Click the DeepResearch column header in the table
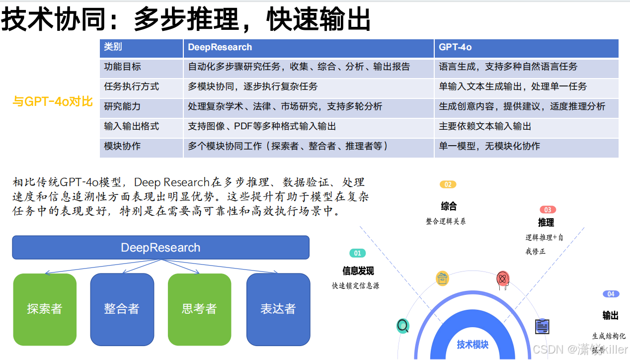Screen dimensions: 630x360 (x=220, y=47)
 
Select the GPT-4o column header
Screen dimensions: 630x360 (x=455, y=47)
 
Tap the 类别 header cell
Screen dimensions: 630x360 (x=113, y=47)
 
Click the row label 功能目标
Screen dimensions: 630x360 (x=122, y=67)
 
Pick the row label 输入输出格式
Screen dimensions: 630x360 (x=131, y=126)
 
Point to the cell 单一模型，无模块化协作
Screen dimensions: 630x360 (x=489, y=146)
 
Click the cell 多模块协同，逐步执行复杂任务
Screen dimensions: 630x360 (x=252, y=87)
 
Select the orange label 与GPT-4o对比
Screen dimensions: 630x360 (x=53, y=102)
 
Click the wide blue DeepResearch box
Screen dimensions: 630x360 (x=160, y=248)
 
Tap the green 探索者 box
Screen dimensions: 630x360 (x=45, y=309)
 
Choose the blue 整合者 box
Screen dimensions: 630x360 (x=122, y=309)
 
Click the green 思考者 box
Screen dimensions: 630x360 (x=199, y=309)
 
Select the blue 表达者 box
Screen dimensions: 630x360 (x=278, y=309)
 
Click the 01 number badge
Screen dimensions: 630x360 (x=357, y=253)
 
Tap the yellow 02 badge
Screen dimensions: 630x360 (x=448, y=184)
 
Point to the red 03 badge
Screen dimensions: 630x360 (x=548, y=210)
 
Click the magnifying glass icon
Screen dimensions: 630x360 (x=403, y=326)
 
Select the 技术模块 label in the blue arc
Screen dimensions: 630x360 (x=472, y=345)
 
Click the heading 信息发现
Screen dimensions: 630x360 (x=358, y=271)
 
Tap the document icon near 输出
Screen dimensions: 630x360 (x=542, y=326)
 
